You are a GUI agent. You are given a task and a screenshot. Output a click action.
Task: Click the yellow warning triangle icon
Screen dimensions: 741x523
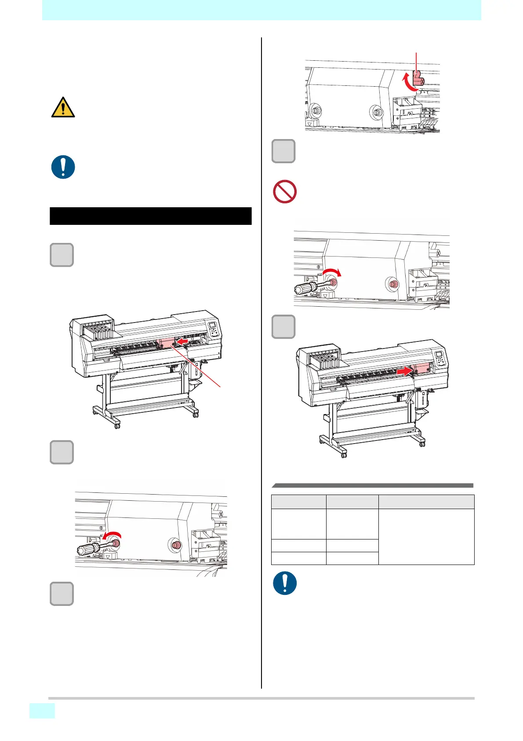click(x=63, y=108)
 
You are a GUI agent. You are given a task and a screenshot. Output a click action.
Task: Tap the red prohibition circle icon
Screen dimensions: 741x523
click(x=285, y=191)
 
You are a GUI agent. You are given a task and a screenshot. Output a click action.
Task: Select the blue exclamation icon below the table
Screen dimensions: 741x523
click(x=285, y=583)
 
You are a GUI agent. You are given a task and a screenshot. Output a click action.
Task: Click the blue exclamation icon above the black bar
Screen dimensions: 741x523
click(x=63, y=167)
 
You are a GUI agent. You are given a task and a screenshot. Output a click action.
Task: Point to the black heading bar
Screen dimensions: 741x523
click(x=150, y=216)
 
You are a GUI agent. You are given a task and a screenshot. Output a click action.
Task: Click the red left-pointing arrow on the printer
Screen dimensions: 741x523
click(x=182, y=341)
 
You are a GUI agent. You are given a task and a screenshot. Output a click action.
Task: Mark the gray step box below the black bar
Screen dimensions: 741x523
click(x=62, y=255)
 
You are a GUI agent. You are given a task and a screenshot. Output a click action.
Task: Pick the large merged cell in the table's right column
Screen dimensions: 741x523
click(x=426, y=536)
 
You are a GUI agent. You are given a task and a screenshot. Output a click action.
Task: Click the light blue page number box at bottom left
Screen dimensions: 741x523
click(x=42, y=711)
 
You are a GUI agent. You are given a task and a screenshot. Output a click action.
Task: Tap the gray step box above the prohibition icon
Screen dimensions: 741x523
click(x=283, y=151)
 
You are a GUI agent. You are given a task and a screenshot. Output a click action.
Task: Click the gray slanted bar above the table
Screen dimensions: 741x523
click(x=372, y=485)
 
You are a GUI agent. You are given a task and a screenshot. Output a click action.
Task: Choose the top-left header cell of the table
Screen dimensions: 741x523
click(x=298, y=502)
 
